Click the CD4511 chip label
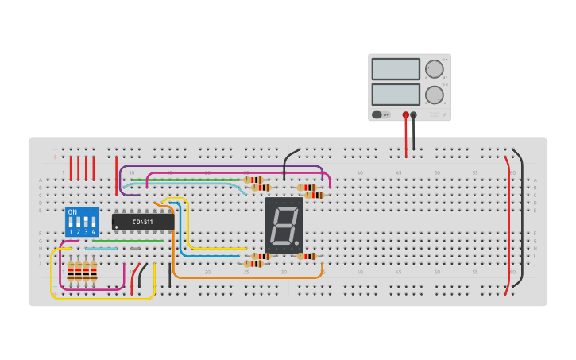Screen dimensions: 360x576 (x=143, y=222)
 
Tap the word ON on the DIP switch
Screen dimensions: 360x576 (x=72, y=212)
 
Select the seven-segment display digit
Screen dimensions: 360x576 (x=284, y=226)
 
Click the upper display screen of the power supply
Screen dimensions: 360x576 (x=395, y=69)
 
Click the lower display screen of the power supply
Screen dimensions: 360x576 (x=395, y=95)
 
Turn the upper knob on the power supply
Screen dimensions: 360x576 (x=434, y=69)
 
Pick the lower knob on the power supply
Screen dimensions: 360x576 (x=434, y=95)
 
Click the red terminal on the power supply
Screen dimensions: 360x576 (x=406, y=115)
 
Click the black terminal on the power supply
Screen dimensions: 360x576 (x=413, y=115)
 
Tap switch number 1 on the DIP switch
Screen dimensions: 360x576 (x=71, y=226)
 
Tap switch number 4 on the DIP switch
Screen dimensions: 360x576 (x=93, y=226)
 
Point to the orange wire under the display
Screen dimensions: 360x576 (x=246, y=277)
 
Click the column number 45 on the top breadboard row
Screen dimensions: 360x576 (x=398, y=172)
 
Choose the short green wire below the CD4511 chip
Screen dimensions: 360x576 (x=127, y=241)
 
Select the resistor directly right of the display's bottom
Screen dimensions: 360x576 (x=307, y=256)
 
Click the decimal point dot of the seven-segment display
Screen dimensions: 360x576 (x=299, y=242)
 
